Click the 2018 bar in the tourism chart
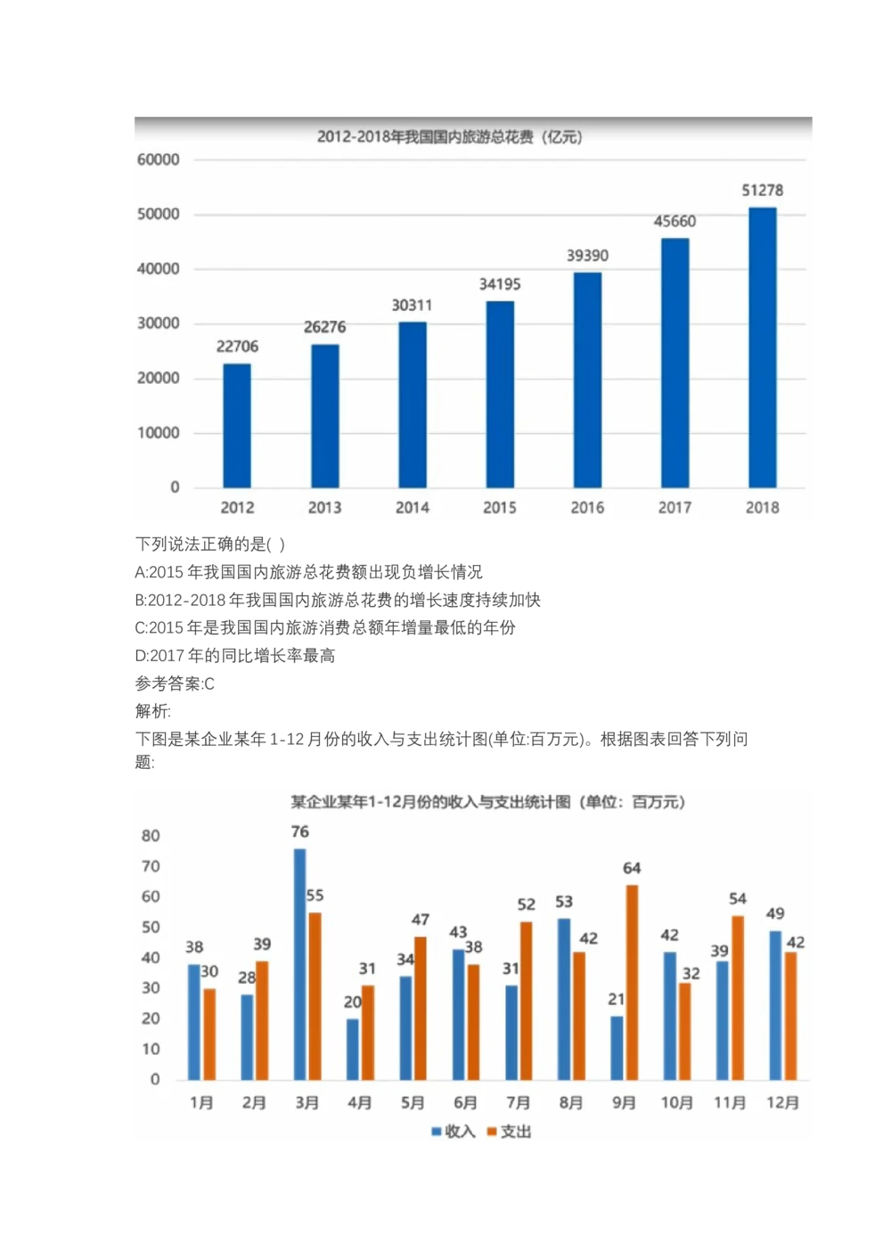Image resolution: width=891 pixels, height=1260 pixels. point(762,348)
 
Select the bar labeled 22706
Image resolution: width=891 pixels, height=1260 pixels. point(237,425)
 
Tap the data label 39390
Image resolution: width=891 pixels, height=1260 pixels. point(587,256)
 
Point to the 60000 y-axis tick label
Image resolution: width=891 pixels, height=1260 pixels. point(159,160)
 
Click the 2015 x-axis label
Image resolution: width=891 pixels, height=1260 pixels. point(500,507)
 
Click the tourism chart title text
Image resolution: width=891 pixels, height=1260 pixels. point(450,136)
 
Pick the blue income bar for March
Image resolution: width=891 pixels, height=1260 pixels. point(300,964)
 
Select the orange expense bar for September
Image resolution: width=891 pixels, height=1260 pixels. point(632,982)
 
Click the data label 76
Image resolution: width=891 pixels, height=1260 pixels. point(300,831)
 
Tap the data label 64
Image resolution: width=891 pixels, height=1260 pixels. point(632,868)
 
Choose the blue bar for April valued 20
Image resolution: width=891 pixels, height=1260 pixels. point(353,1049)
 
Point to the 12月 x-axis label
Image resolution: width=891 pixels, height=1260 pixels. point(782,1102)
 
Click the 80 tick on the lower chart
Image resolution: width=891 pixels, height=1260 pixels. point(151,836)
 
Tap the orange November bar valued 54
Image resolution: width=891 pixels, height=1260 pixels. point(738,997)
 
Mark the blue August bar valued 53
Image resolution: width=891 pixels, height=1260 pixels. point(564,999)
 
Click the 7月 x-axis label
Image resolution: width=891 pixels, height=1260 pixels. point(518,1102)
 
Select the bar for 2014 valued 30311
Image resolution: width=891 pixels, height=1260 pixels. point(413,405)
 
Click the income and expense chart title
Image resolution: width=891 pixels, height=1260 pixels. point(488,802)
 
